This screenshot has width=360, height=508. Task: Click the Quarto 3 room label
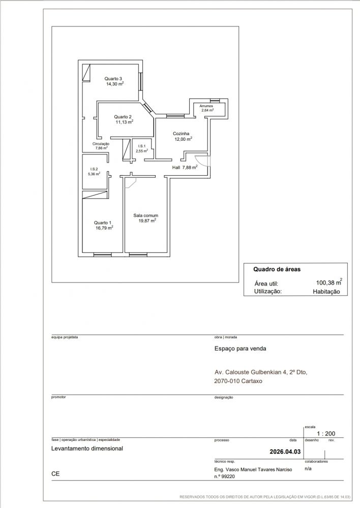point(113,78)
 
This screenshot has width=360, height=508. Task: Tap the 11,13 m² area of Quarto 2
point(125,122)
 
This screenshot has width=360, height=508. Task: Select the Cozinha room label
point(181,134)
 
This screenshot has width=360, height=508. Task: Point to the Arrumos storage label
point(206,106)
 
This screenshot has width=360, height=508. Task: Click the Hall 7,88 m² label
point(185,167)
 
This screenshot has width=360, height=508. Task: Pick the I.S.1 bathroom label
point(142,146)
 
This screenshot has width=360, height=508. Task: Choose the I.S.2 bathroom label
point(94,169)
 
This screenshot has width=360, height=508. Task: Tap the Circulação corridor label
point(101,144)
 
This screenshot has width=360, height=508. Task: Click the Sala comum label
point(145,215)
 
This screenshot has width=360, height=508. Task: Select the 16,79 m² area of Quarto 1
point(104,228)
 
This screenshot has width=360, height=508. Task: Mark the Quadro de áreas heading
point(277,269)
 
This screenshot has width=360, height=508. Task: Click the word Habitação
point(326,292)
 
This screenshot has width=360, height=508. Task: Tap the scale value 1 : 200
point(326,433)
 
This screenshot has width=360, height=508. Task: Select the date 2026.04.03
point(285,452)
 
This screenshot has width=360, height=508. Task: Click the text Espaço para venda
point(241,348)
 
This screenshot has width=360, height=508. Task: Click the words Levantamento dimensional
point(87,449)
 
